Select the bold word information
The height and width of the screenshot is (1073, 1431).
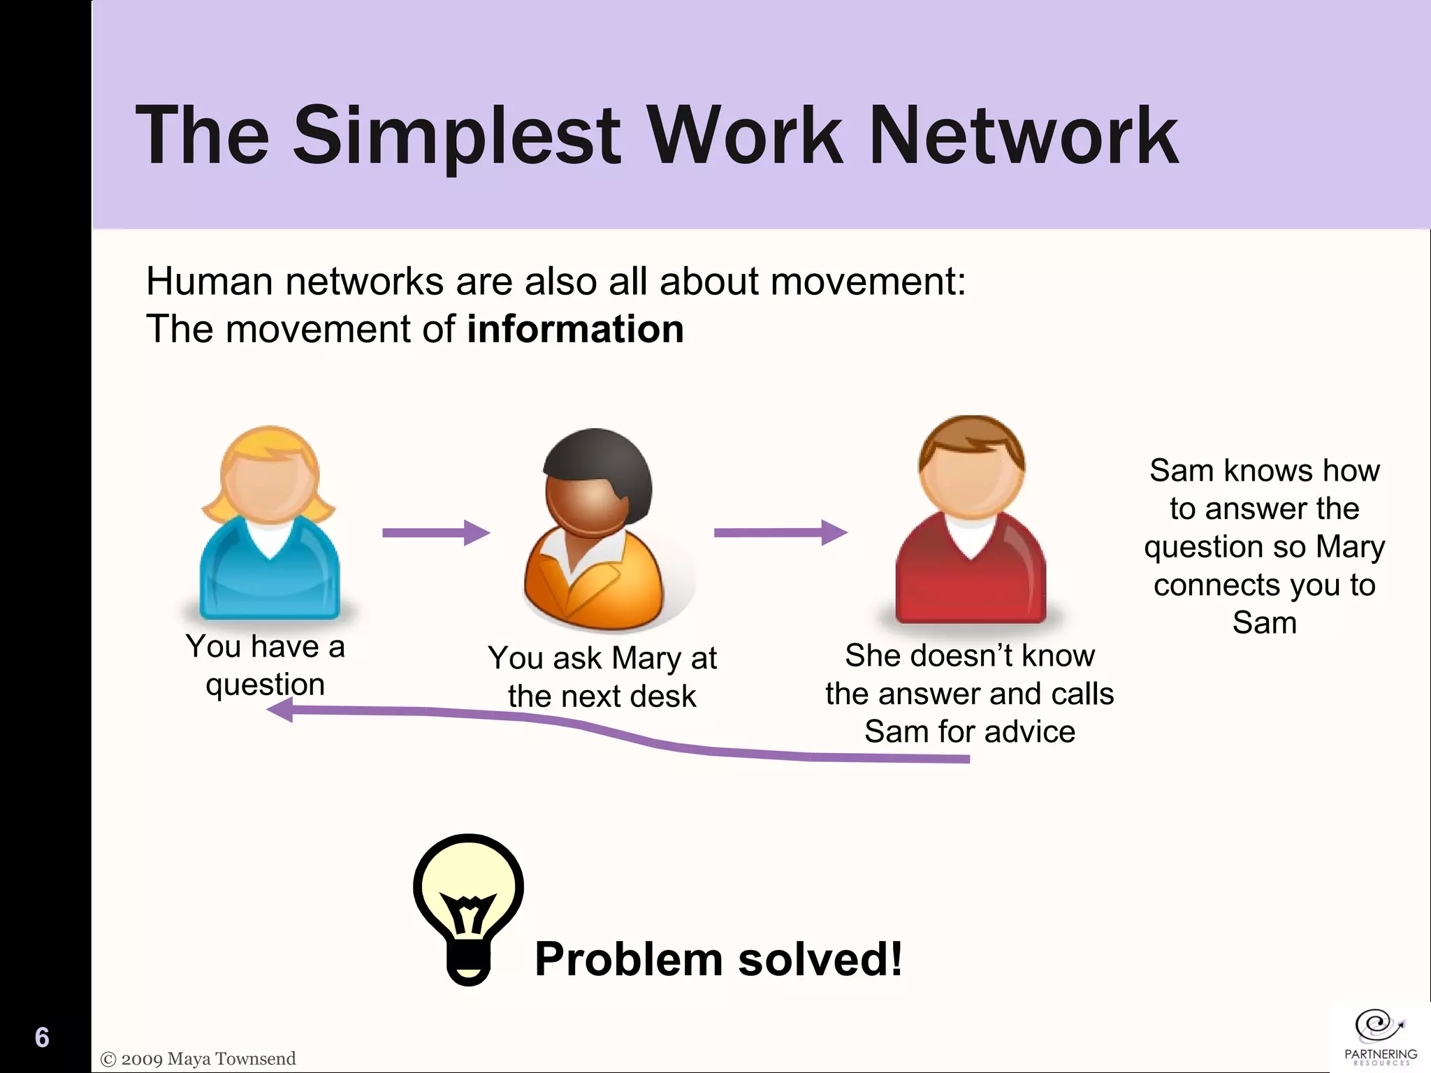[x=575, y=329]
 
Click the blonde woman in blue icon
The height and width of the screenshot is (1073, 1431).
[x=270, y=524]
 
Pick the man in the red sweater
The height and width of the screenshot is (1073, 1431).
[x=971, y=520]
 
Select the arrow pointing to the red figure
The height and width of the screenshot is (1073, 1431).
[x=780, y=532]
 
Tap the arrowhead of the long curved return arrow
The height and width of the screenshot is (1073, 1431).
[x=281, y=711]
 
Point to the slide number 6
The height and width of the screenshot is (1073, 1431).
[x=42, y=1037]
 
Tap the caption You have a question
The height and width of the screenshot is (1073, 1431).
[x=266, y=664]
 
